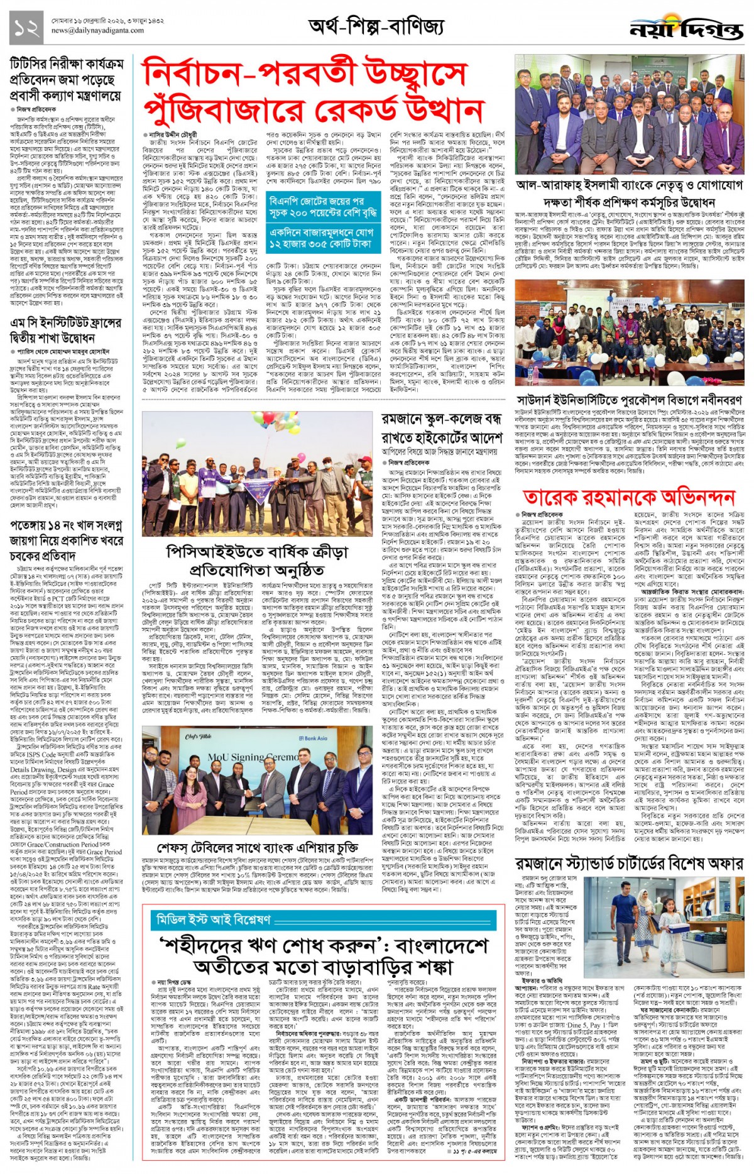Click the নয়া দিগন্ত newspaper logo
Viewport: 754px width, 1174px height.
pos(687,28)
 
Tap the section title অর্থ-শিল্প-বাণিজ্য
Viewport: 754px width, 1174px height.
pos(376,27)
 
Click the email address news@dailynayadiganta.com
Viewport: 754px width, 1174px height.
pos(97,31)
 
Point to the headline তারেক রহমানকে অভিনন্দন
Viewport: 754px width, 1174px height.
pos(629,497)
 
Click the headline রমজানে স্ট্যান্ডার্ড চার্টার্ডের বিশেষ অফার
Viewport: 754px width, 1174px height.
pos(629,864)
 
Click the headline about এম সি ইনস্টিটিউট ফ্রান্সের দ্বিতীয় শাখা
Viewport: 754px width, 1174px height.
pos(66,331)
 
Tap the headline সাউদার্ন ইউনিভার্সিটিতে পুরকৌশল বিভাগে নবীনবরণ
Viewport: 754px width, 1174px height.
pos(629,400)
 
